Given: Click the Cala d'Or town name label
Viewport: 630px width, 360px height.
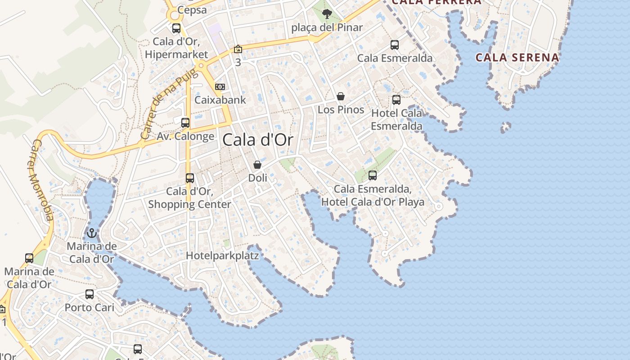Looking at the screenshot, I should pos(258,140).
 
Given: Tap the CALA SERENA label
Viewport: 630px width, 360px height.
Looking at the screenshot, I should pos(517,58).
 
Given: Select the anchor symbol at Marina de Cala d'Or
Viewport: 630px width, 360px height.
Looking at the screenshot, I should pos(92,233).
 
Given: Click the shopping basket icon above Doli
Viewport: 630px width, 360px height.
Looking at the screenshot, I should pos(257,165).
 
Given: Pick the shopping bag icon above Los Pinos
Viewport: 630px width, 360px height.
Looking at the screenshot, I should pos(341,96).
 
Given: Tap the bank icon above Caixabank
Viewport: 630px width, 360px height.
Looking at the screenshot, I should pos(220,86).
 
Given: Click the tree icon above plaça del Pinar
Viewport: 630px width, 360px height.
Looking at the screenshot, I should pos(327,14).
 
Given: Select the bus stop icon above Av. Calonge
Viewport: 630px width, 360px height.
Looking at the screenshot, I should pos(185,122).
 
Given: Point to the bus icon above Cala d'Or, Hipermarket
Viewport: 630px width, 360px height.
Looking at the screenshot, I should pos(176,28).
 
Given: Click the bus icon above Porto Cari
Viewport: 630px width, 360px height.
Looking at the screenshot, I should pos(90,294).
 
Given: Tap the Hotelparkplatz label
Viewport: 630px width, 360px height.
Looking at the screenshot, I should pos(223,256).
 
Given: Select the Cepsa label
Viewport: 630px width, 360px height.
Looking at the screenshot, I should pos(192,10).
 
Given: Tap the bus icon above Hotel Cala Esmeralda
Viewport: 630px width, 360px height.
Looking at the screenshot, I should pos(396,100).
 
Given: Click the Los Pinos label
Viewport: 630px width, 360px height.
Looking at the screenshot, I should pos(341,109).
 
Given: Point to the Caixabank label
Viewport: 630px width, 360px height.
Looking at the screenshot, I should pos(220,99).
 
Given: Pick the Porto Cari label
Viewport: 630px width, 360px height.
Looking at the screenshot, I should pos(90,308).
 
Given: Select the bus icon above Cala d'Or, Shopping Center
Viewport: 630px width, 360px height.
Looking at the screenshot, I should pos(190,178).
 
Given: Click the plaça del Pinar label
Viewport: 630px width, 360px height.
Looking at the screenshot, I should pos(327,27).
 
